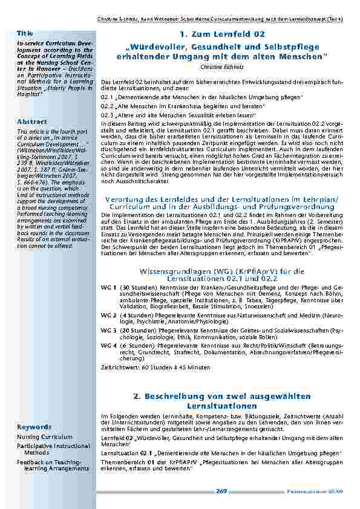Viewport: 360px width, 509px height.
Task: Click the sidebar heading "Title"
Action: point(25,32)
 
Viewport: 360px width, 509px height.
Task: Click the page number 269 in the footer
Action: point(221,491)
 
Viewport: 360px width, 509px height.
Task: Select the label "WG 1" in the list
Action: point(108,287)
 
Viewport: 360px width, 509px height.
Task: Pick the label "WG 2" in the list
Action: point(108,315)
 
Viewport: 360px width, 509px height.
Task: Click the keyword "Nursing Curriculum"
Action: point(44,436)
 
